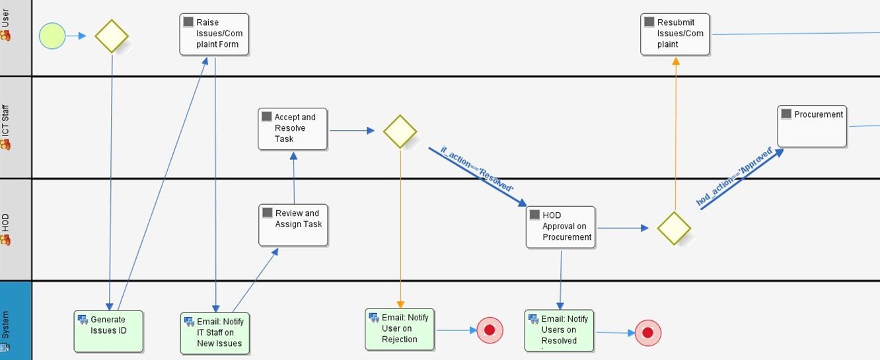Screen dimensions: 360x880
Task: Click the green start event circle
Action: [x=52, y=36]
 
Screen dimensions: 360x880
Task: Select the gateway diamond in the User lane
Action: [x=111, y=36]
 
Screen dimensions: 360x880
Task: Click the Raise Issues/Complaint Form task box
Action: [x=214, y=34]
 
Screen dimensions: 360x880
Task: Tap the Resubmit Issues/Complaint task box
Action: [x=675, y=34]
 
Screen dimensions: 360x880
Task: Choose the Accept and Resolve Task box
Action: [x=293, y=129]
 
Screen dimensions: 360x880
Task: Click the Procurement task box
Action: [x=811, y=126]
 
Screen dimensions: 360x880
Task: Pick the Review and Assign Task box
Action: [x=293, y=225]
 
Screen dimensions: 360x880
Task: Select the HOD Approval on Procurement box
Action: [x=560, y=227]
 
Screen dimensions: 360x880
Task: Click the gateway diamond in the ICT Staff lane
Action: [x=400, y=131]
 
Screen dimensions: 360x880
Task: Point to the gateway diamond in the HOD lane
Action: [x=674, y=229]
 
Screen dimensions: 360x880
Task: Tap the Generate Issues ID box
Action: [x=108, y=330]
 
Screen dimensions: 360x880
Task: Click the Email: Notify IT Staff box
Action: [x=215, y=332]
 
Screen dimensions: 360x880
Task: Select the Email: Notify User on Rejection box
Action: [x=400, y=328]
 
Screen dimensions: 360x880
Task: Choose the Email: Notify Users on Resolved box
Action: [x=559, y=330]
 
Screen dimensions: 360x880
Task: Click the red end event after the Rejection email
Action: [x=490, y=330]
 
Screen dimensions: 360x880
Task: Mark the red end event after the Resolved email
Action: [x=647, y=333]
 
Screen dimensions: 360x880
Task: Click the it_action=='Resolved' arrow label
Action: [x=476, y=170]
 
